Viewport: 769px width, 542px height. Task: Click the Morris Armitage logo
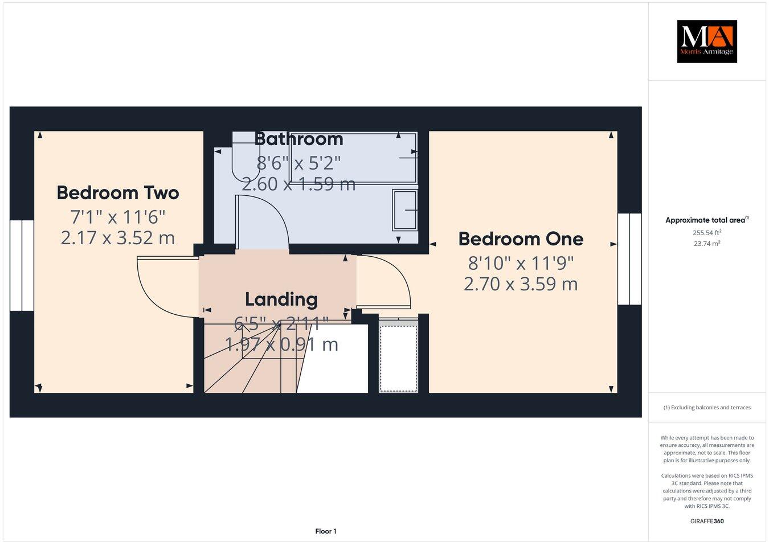[706, 41]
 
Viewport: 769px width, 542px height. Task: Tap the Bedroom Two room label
[118, 192]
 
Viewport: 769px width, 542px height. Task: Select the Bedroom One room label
[521, 239]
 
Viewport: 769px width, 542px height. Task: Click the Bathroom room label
[298, 139]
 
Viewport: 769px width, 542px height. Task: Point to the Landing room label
[281, 299]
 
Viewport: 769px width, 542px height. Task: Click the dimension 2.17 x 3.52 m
[118, 237]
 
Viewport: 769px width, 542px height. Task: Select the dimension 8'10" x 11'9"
[521, 263]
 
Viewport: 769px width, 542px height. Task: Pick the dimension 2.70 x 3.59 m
[521, 284]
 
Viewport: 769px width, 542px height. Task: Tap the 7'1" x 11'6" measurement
[118, 217]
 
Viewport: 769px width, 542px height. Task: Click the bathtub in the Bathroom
[353, 158]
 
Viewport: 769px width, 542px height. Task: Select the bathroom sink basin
[404, 210]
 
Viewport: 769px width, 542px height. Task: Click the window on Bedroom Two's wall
[22, 265]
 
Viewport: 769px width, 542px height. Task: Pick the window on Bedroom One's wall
[629, 259]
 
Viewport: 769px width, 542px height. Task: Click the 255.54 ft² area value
[707, 232]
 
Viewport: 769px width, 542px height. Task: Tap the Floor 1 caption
[326, 531]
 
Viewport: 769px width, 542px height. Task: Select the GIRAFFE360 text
[707, 521]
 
